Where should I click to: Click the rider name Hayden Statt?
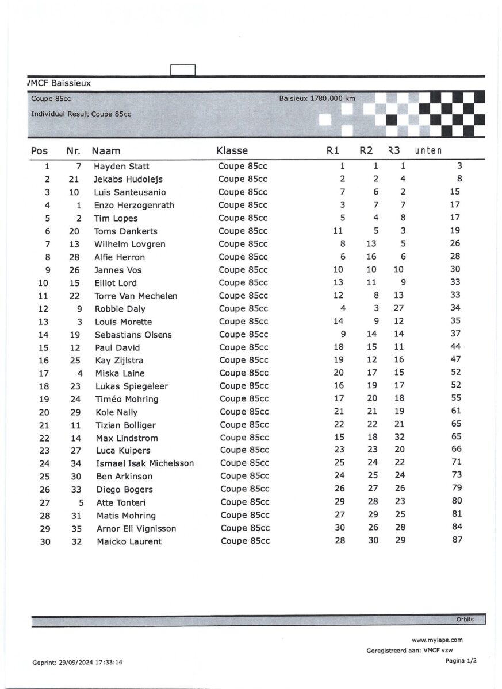(x=121, y=167)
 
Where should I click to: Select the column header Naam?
(x=106, y=151)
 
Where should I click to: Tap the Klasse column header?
(x=232, y=151)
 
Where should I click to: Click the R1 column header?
(x=332, y=151)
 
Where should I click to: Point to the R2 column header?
(x=366, y=151)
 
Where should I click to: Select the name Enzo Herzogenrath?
(x=134, y=206)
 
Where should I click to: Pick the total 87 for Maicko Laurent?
(x=457, y=540)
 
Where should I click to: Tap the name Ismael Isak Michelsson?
(x=145, y=463)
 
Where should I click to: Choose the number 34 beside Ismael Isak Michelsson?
(x=74, y=463)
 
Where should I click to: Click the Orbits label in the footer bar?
(x=465, y=620)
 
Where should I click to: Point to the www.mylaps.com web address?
(x=437, y=640)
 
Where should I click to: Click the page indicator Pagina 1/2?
(x=461, y=661)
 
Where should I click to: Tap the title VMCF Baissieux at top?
(x=59, y=83)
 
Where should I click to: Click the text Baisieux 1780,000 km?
(x=317, y=99)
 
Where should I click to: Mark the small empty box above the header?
(x=183, y=70)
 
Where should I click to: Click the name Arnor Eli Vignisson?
(x=136, y=529)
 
